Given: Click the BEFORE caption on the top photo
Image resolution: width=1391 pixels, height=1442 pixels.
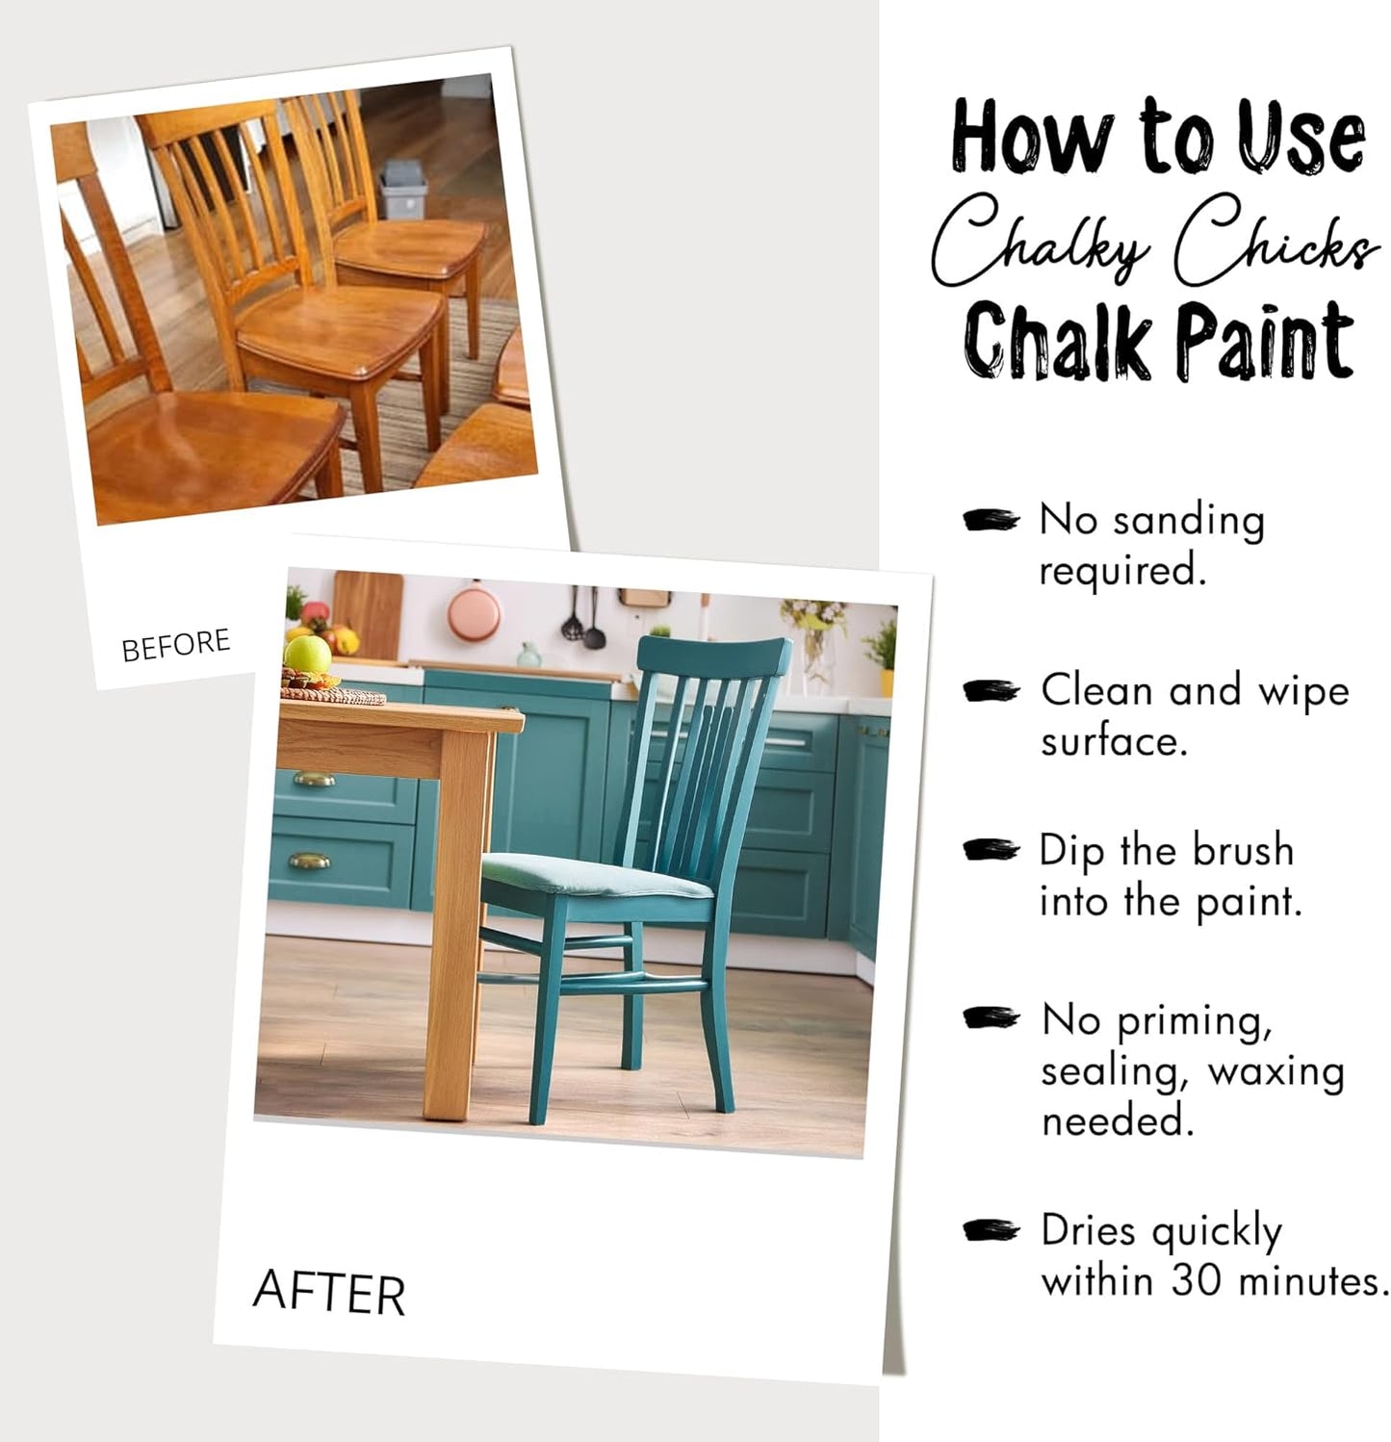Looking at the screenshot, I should click(176, 645).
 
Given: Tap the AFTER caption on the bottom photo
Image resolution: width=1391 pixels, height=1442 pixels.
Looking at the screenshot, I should click(328, 1293).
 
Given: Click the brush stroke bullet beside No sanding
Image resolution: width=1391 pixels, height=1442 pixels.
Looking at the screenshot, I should click(991, 520).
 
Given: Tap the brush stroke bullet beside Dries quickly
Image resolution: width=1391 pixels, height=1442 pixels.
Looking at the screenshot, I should click(991, 1230).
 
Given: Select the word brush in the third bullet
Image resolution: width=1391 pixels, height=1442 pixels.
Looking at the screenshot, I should click(1243, 850).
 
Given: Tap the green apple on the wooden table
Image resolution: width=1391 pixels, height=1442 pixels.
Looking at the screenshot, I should click(307, 654).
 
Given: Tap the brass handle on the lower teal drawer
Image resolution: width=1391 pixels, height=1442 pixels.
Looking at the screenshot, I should click(308, 861).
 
